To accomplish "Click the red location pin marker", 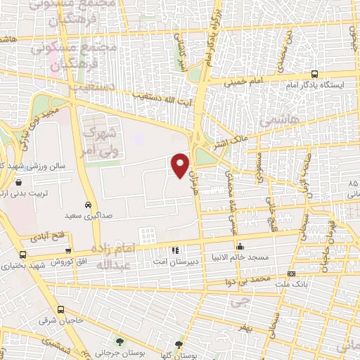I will (x=181, y=165).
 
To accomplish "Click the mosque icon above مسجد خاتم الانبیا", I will (x=241, y=246).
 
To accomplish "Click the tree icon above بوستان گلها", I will (x=179, y=345).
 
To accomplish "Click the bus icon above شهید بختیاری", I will (x=23, y=255).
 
